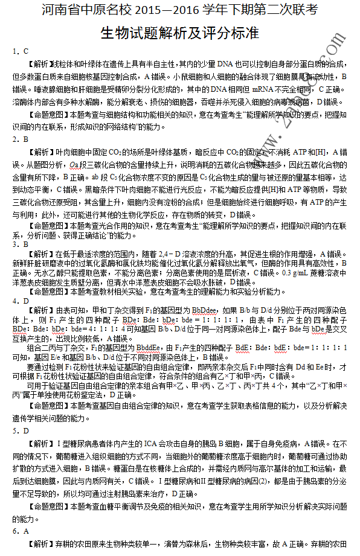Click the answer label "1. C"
21,51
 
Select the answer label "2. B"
21,139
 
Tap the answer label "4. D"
21,301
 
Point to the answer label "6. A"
21,531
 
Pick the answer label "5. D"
21,431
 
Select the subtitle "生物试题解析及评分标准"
179,31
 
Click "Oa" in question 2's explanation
74,165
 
